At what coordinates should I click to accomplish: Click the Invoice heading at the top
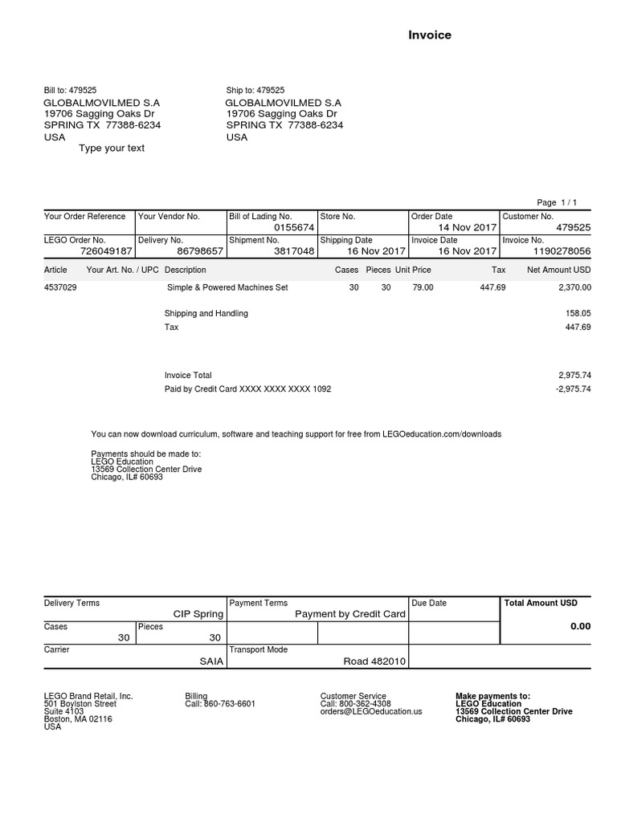[x=430, y=35]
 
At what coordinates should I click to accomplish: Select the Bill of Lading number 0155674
[x=294, y=228]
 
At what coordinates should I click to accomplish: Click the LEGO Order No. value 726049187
[x=99, y=251]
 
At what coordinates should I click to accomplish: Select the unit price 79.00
[x=423, y=287]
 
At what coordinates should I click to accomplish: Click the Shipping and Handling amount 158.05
[x=578, y=314]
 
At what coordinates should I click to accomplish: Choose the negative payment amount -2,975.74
[x=574, y=389]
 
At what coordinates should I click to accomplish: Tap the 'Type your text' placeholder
[x=112, y=149]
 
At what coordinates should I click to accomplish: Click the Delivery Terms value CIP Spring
[x=198, y=614]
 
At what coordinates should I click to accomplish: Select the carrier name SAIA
[x=211, y=661]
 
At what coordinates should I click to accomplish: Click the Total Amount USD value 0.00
[x=580, y=626]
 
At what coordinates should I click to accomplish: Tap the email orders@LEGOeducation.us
[x=370, y=711]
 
